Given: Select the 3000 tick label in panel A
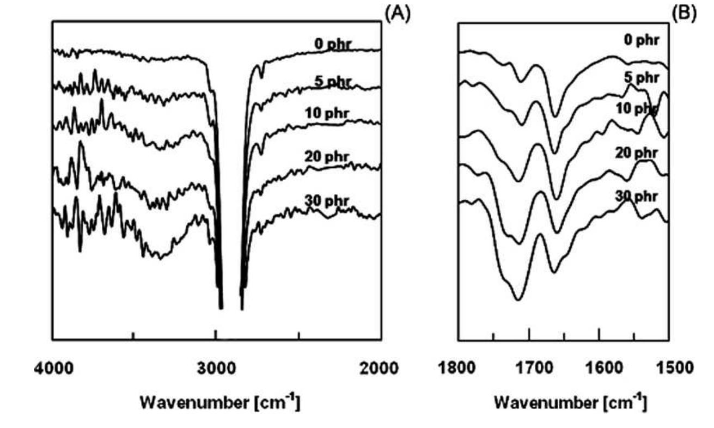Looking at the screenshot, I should click(x=216, y=369).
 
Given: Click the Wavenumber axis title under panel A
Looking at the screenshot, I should click(x=221, y=403).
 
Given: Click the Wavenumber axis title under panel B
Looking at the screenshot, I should click(x=570, y=403).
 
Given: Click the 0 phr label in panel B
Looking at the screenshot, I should click(x=641, y=40).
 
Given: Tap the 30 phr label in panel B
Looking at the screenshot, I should click(x=636, y=195).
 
